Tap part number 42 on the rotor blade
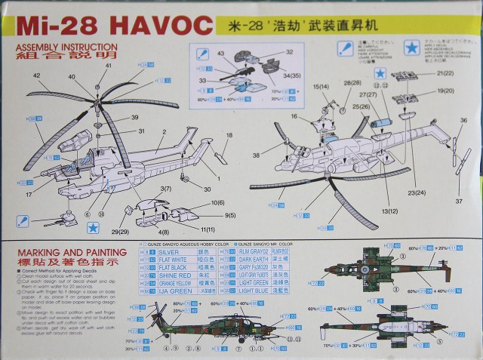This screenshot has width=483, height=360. (35, 76)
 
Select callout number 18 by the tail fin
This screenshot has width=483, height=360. (229, 135)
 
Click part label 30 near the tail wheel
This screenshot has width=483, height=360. (207, 188)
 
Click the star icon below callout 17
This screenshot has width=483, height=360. (94, 226)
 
